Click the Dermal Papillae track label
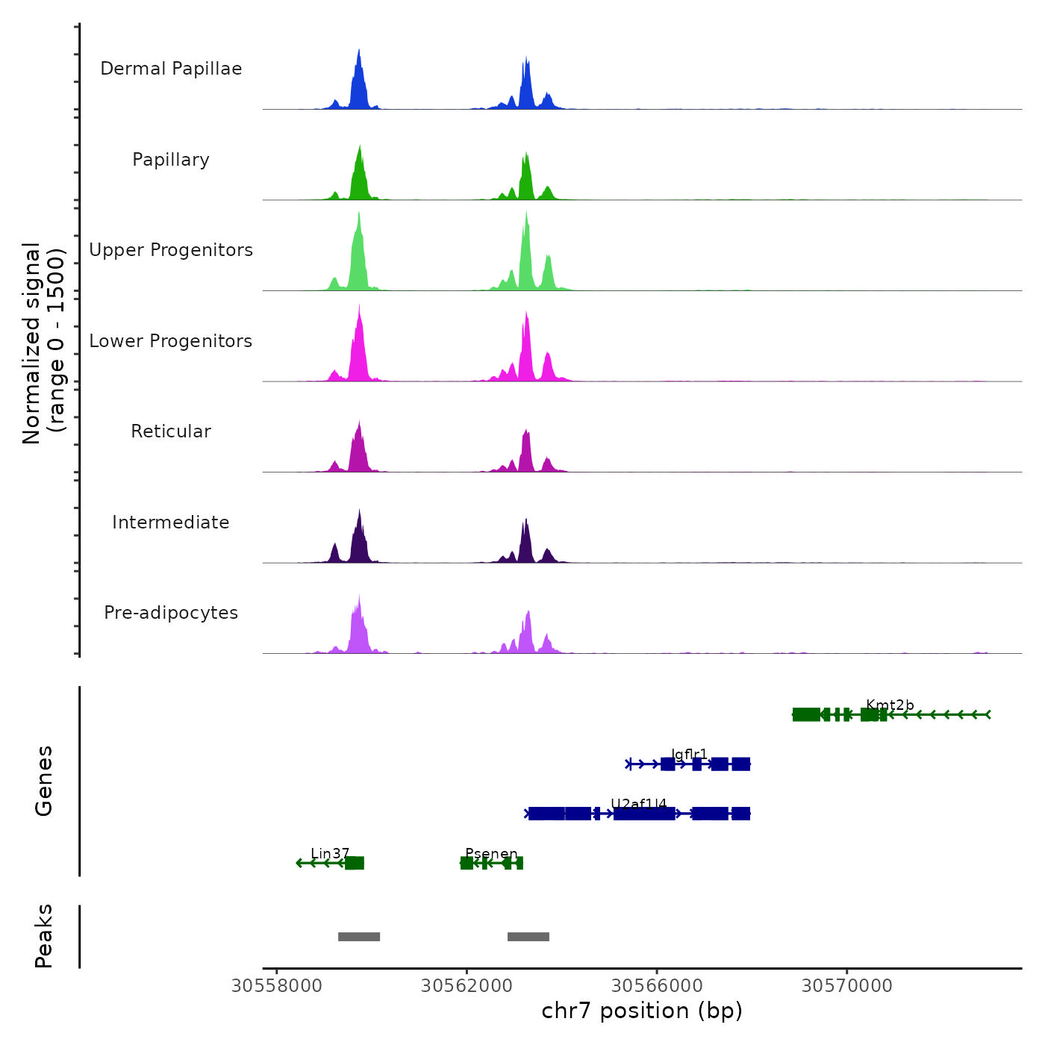(171, 69)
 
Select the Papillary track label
(171, 160)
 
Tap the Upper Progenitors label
(171, 250)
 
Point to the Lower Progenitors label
(171, 341)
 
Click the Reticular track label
(171, 431)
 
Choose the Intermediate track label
(171, 522)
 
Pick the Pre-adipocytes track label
(171, 613)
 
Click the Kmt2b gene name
(890, 705)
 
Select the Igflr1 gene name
(689, 755)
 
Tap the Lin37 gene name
(330, 854)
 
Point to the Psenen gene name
(491, 854)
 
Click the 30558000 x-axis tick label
(277, 986)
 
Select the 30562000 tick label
(467, 986)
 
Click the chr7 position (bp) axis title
(642, 1011)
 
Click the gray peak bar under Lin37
(359, 937)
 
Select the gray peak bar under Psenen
(528, 937)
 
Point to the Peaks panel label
(44, 936)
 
